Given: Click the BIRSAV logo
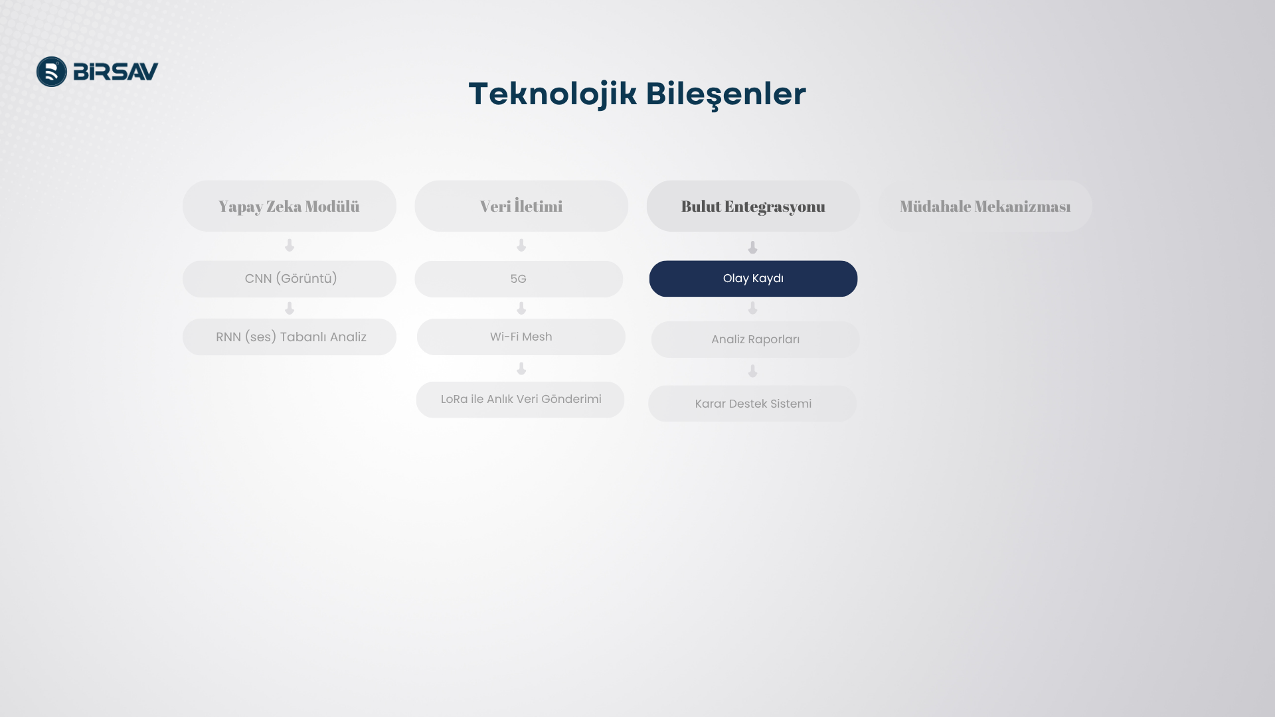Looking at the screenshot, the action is (x=98, y=72).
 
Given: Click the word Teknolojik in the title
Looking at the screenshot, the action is (x=552, y=94).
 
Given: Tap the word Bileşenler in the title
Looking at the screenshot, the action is (x=726, y=94).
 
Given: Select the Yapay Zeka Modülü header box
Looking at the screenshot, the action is (x=290, y=206).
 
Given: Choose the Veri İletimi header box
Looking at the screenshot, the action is (x=521, y=206).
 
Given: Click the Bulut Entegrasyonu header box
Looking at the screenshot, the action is (x=753, y=206).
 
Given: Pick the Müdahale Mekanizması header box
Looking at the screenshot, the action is (x=985, y=206).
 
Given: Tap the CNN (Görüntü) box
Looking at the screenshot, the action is (x=290, y=279).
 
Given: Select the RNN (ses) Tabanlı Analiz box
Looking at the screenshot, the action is (x=290, y=337).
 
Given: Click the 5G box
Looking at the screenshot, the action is (x=519, y=279).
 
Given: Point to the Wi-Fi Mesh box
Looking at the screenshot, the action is (x=521, y=337).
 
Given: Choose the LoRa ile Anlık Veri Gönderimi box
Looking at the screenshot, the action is (x=520, y=400).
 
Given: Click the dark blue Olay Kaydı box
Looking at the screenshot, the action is (x=753, y=279).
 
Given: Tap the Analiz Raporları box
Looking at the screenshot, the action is (x=755, y=340).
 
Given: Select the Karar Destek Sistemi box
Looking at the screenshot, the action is (x=752, y=404).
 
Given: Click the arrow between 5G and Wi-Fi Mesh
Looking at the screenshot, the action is (x=521, y=309).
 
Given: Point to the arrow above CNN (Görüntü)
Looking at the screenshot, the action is (x=290, y=246).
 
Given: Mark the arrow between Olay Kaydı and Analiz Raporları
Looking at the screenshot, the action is (x=752, y=309).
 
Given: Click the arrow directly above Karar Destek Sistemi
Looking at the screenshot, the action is (x=752, y=372).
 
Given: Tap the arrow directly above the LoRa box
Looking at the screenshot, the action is (x=521, y=369).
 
